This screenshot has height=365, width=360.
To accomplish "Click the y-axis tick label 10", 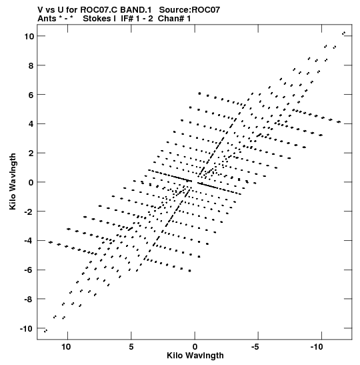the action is click(29, 36).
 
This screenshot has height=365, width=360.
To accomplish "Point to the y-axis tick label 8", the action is click(31, 65).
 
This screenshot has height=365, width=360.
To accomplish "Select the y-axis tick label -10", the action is click(26, 329).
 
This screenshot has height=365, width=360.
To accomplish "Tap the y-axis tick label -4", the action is click(29, 241).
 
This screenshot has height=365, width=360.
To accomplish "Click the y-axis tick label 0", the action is click(31, 183).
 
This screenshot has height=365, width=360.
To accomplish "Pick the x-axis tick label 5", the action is click(131, 347).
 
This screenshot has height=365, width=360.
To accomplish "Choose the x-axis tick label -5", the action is click(256, 347).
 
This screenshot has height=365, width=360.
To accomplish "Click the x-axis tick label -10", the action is click(317, 347).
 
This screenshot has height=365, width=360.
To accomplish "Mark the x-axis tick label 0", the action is click(195, 347).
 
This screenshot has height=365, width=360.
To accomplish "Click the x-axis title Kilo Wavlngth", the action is click(195, 356).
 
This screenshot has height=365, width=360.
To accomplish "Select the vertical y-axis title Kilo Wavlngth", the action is click(13, 181).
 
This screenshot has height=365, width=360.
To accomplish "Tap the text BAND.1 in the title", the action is click(135, 10).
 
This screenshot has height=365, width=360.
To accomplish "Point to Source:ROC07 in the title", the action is click(189, 10).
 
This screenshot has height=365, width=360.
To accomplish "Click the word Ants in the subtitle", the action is click(47, 19).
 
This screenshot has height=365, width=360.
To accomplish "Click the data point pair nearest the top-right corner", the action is click(343, 33).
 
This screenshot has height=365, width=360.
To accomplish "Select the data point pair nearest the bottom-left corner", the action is click(45, 330).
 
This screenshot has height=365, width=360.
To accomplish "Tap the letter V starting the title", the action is click(41, 10).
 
